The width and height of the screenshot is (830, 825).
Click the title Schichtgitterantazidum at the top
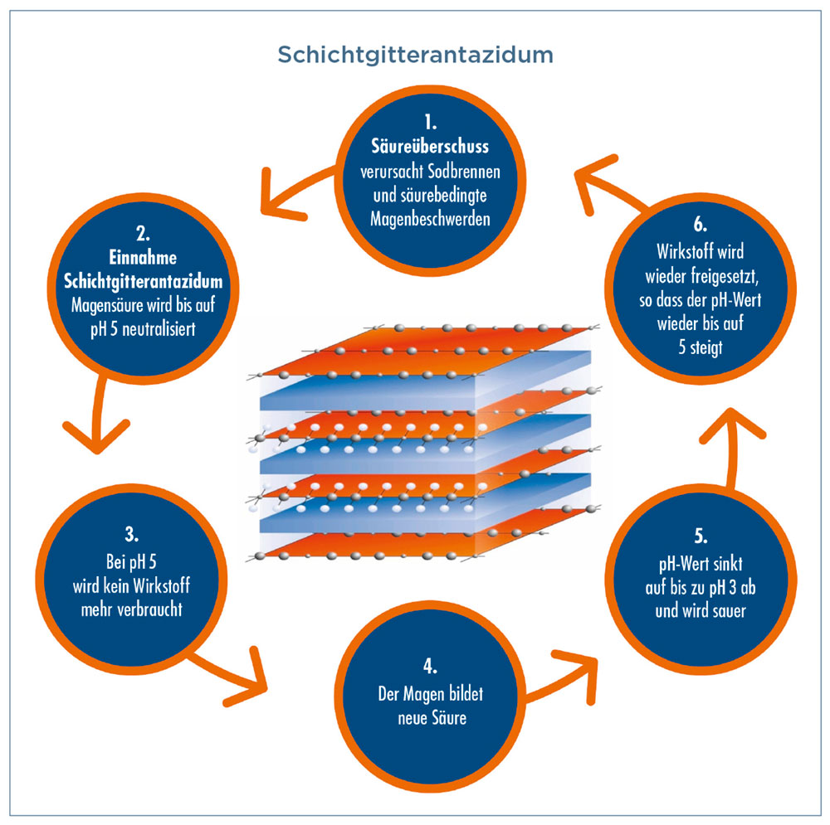point(415,55)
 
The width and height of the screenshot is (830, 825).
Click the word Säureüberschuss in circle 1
point(430,147)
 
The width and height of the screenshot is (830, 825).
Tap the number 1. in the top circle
point(430,125)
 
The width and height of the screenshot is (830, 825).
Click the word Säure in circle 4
point(448,717)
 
